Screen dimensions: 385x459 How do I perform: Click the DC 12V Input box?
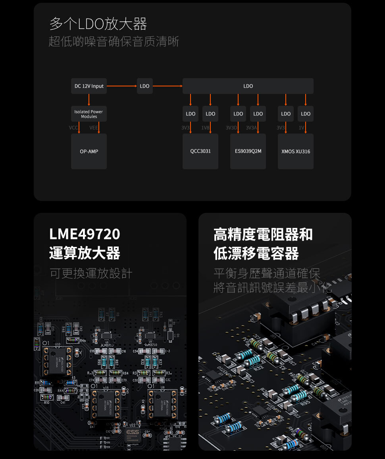89,86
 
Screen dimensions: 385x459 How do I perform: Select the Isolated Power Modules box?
89,114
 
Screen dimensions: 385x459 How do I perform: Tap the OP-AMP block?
89,151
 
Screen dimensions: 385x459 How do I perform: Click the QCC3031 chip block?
200,151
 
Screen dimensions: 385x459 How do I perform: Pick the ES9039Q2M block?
248,151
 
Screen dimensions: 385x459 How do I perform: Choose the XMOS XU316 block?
296,151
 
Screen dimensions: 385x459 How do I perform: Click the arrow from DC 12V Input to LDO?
121,86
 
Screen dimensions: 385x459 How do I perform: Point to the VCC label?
73,128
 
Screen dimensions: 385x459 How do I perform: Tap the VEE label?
94,128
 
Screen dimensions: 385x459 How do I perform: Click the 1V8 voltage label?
205,128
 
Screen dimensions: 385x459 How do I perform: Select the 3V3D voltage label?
231,128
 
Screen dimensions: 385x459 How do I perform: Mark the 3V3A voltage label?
251,128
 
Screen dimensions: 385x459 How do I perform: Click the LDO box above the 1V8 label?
210,114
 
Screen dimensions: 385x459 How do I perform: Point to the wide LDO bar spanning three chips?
248,86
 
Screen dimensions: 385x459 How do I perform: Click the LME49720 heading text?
85,234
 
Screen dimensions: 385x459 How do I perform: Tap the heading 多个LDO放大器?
98,24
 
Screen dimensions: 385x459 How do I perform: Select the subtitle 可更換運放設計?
91,273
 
